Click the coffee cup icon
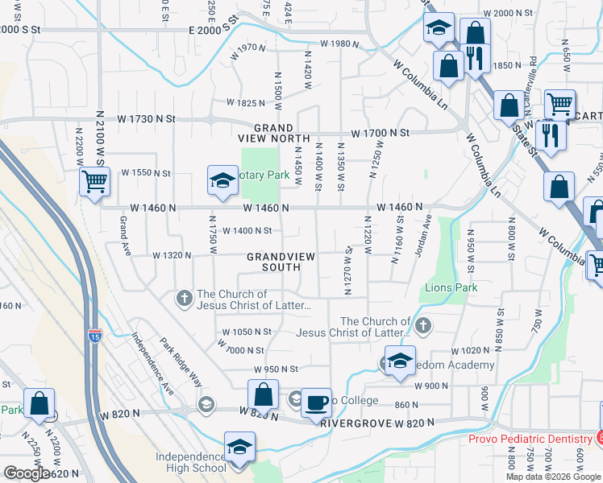(316, 402)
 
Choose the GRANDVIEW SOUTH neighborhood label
(279, 262)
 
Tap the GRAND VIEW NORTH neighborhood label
(274, 133)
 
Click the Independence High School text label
(190, 462)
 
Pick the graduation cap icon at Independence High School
(239, 448)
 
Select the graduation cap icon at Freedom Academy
(399, 361)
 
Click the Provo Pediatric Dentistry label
(530, 438)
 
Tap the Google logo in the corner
(26, 473)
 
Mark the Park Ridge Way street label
(184, 365)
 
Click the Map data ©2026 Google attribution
(553, 477)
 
